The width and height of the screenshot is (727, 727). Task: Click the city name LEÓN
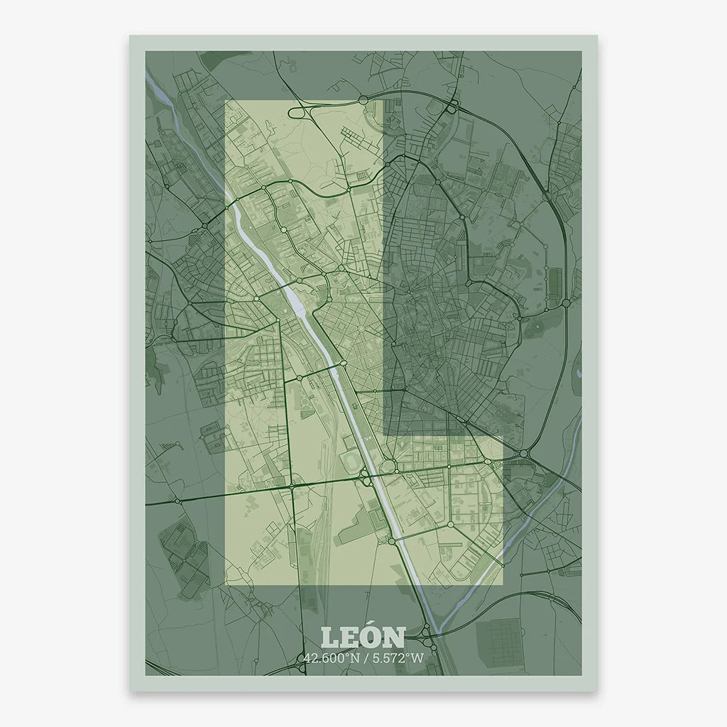pyautogui.click(x=363, y=638)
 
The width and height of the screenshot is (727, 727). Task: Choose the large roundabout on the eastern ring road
pyautogui.click(x=566, y=303)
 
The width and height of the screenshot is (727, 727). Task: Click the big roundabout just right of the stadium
pyautogui.click(x=388, y=466)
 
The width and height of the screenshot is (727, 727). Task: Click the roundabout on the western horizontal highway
pyautogui.click(x=177, y=500)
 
